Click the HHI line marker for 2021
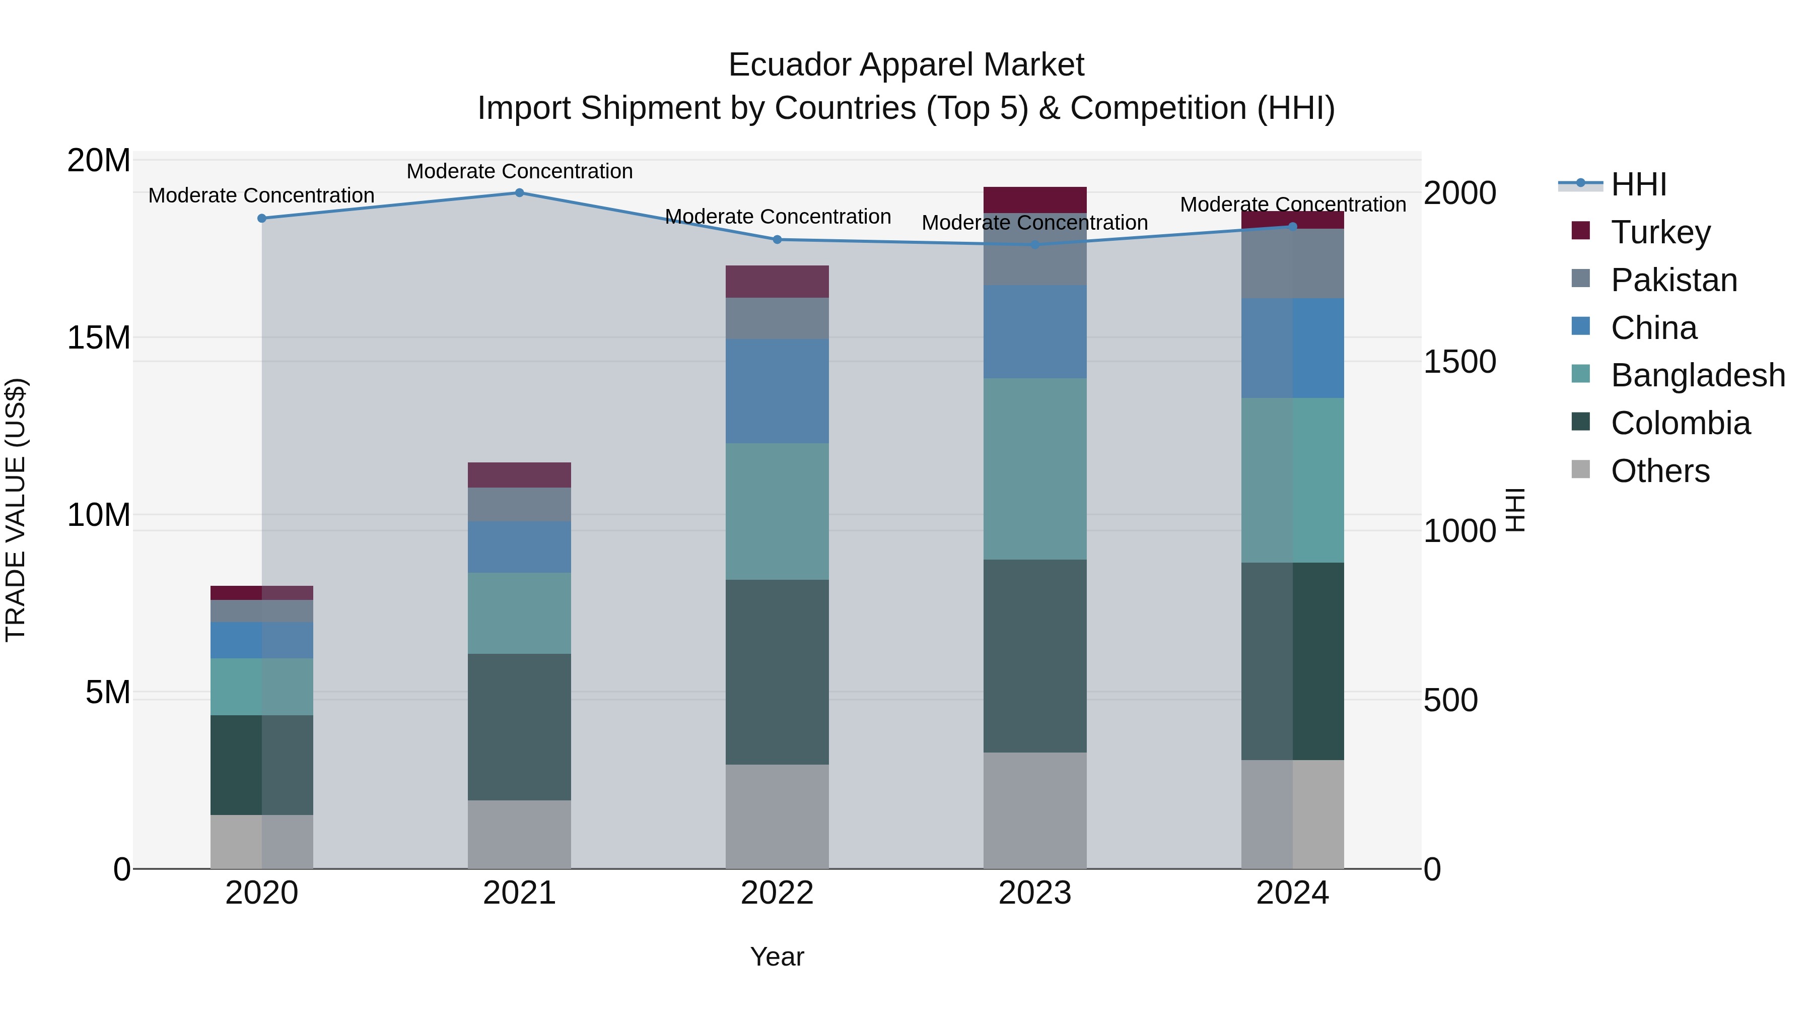(519, 193)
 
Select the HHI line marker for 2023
(1034, 245)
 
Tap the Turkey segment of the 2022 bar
(777, 282)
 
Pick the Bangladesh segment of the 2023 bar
(1034, 469)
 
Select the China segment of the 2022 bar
(777, 391)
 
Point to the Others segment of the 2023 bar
(1034, 810)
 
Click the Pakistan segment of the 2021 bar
(519, 504)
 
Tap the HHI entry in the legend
(1638, 184)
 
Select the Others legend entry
(1659, 471)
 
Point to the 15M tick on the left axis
(99, 338)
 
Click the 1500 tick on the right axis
(1459, 362)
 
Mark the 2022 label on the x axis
(777, 893)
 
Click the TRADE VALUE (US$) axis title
(16, 510)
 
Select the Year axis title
(777, 957)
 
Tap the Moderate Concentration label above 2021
(519, 171)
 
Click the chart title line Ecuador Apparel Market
(906, 65)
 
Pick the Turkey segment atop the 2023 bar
(1034, 200)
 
